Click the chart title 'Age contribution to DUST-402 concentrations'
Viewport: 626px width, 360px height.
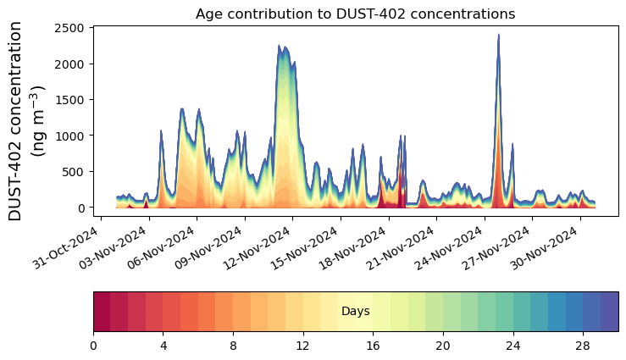coord(355,14)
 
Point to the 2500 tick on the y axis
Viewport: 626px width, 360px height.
coord(71,28)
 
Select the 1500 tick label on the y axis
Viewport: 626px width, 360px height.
coord(71,100)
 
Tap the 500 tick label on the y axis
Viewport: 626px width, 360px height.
coord(75,172)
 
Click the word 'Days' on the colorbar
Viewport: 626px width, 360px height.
coord(355,312)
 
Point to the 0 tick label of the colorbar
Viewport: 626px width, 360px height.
coord(93,346)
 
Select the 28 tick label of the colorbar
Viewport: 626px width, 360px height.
coord(583,346)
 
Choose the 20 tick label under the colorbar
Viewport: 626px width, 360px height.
coord(443,346)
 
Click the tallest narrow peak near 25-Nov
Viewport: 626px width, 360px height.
coord(498,36)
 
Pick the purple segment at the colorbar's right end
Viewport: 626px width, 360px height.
coord(609,312)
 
